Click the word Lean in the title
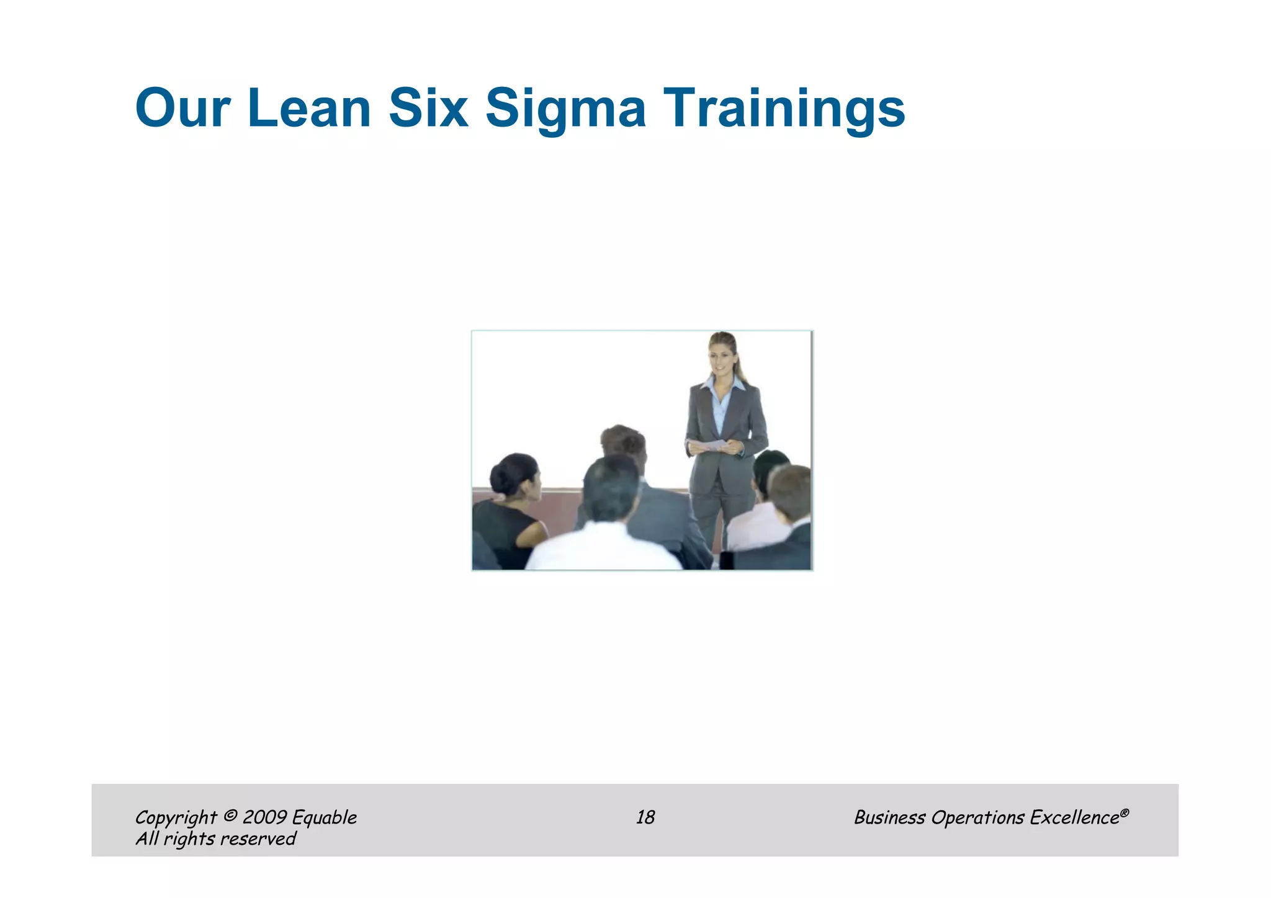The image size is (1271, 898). pyautogui.click(x=308, y=108)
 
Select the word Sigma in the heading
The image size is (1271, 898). pyautogui.click(x=565, y=109)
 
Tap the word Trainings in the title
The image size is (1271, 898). pyautogui.click(x=784, y=109)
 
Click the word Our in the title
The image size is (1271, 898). pyautogui.click(x=182, y=108)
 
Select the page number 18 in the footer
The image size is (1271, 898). pyautogui.click(x=645, y=817)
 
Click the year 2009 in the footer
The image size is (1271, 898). pyautogui.click(x=264, y=817)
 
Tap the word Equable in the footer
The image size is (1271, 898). pyautogui.click(x=324, y=818)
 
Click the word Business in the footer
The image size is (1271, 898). pyautogui.click(x=889, y=817)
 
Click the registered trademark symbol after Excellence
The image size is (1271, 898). pyautogui.click(x=1125, y=812)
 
